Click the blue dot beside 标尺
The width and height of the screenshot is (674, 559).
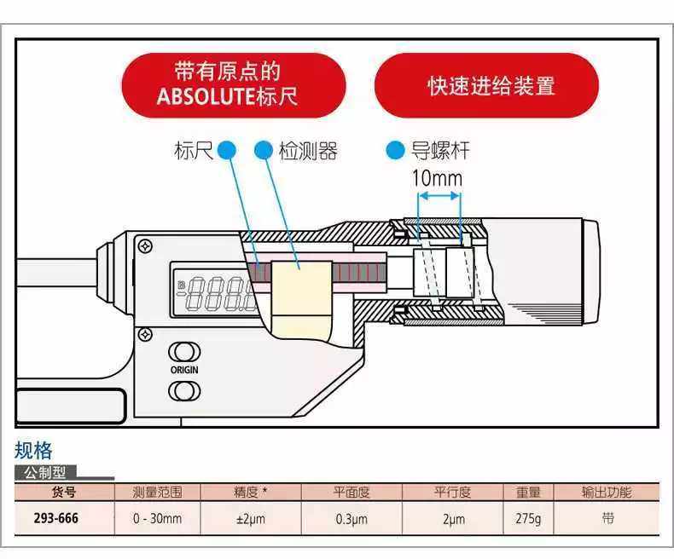tap(226, 151)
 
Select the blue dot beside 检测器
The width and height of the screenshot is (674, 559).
tap(264, 151)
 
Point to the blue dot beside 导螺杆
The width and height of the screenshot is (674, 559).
tap(394, 151)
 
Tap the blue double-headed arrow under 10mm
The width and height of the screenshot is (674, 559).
tap(439, 196)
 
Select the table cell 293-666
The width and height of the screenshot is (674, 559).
tap(56, 518)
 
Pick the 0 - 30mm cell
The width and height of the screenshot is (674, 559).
tap(157, 518)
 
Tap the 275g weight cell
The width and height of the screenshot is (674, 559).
tap(527, 518)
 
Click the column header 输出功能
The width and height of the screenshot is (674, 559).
tap(607, 493)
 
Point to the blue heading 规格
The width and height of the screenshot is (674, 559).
tap(33, 451)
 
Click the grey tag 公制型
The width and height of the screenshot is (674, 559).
tap(49, 472)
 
